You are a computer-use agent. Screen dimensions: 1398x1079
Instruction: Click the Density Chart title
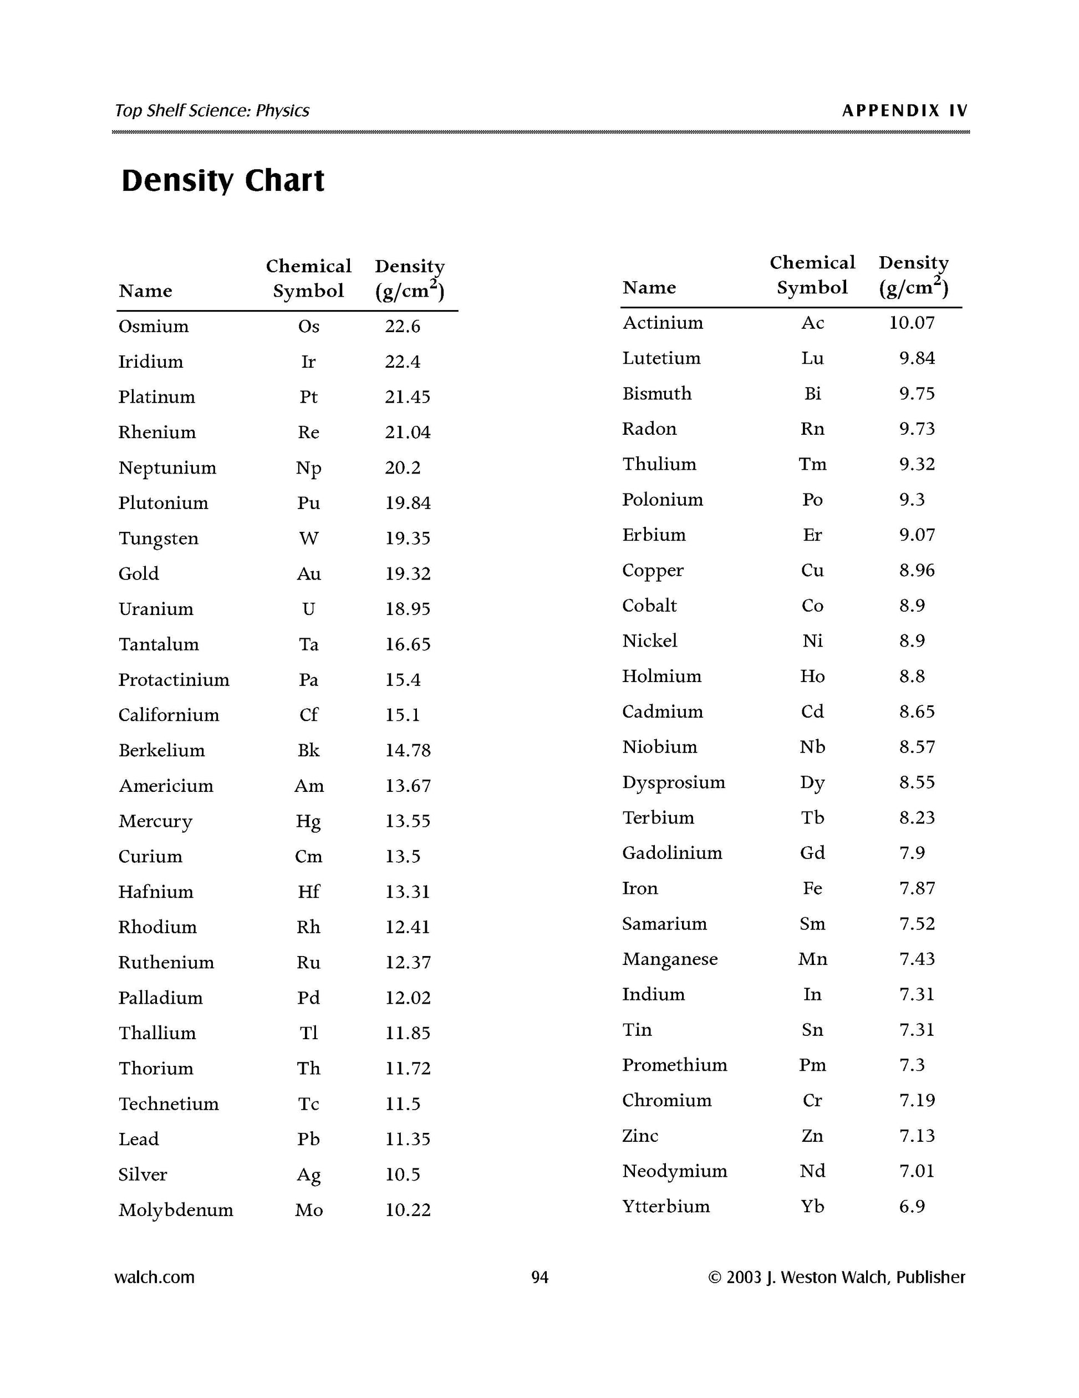(x=223, y=181)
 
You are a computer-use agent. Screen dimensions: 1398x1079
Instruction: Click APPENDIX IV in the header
(x=904, y=111)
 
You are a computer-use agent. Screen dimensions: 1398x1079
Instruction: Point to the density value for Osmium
(x=403, y=327)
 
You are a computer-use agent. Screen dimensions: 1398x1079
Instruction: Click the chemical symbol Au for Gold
(x=308, y=573)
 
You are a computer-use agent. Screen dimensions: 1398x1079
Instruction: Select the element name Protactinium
(x=174, y=680)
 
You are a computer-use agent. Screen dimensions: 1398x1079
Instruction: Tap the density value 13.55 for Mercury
(x=408, y=821)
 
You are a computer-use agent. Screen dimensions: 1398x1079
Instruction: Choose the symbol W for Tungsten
(x=308, y=538)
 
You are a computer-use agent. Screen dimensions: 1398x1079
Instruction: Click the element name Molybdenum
(x=175, y=1210)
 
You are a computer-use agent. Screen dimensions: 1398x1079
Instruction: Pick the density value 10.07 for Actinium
(x=912, y=323)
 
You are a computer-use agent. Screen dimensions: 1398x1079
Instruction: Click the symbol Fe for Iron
(x=812, y=888)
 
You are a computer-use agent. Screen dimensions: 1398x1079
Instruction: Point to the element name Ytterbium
(x=665, y=1206)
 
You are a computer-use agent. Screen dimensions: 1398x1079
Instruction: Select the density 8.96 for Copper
(x=917, y=570)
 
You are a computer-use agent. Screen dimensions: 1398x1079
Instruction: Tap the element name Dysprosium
(x=673, y=782)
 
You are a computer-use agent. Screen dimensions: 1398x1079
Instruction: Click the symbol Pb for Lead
(x=308, y=1139)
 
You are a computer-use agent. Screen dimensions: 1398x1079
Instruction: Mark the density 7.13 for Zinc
(x=917, y=1136)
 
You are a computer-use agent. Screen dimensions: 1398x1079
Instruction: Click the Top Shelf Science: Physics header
(x=212, y=111)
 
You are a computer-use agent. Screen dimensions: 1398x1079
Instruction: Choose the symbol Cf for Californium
(x=308, y=715)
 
